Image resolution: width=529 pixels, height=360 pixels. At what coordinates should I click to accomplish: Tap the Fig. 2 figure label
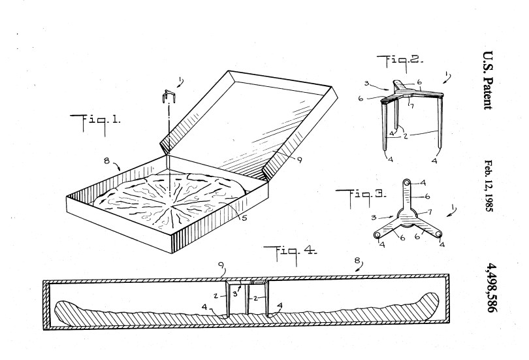point(399,63)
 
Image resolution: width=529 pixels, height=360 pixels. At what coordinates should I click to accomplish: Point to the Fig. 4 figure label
point(288,253)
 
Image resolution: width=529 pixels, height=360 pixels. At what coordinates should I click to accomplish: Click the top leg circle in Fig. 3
point(406,183)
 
